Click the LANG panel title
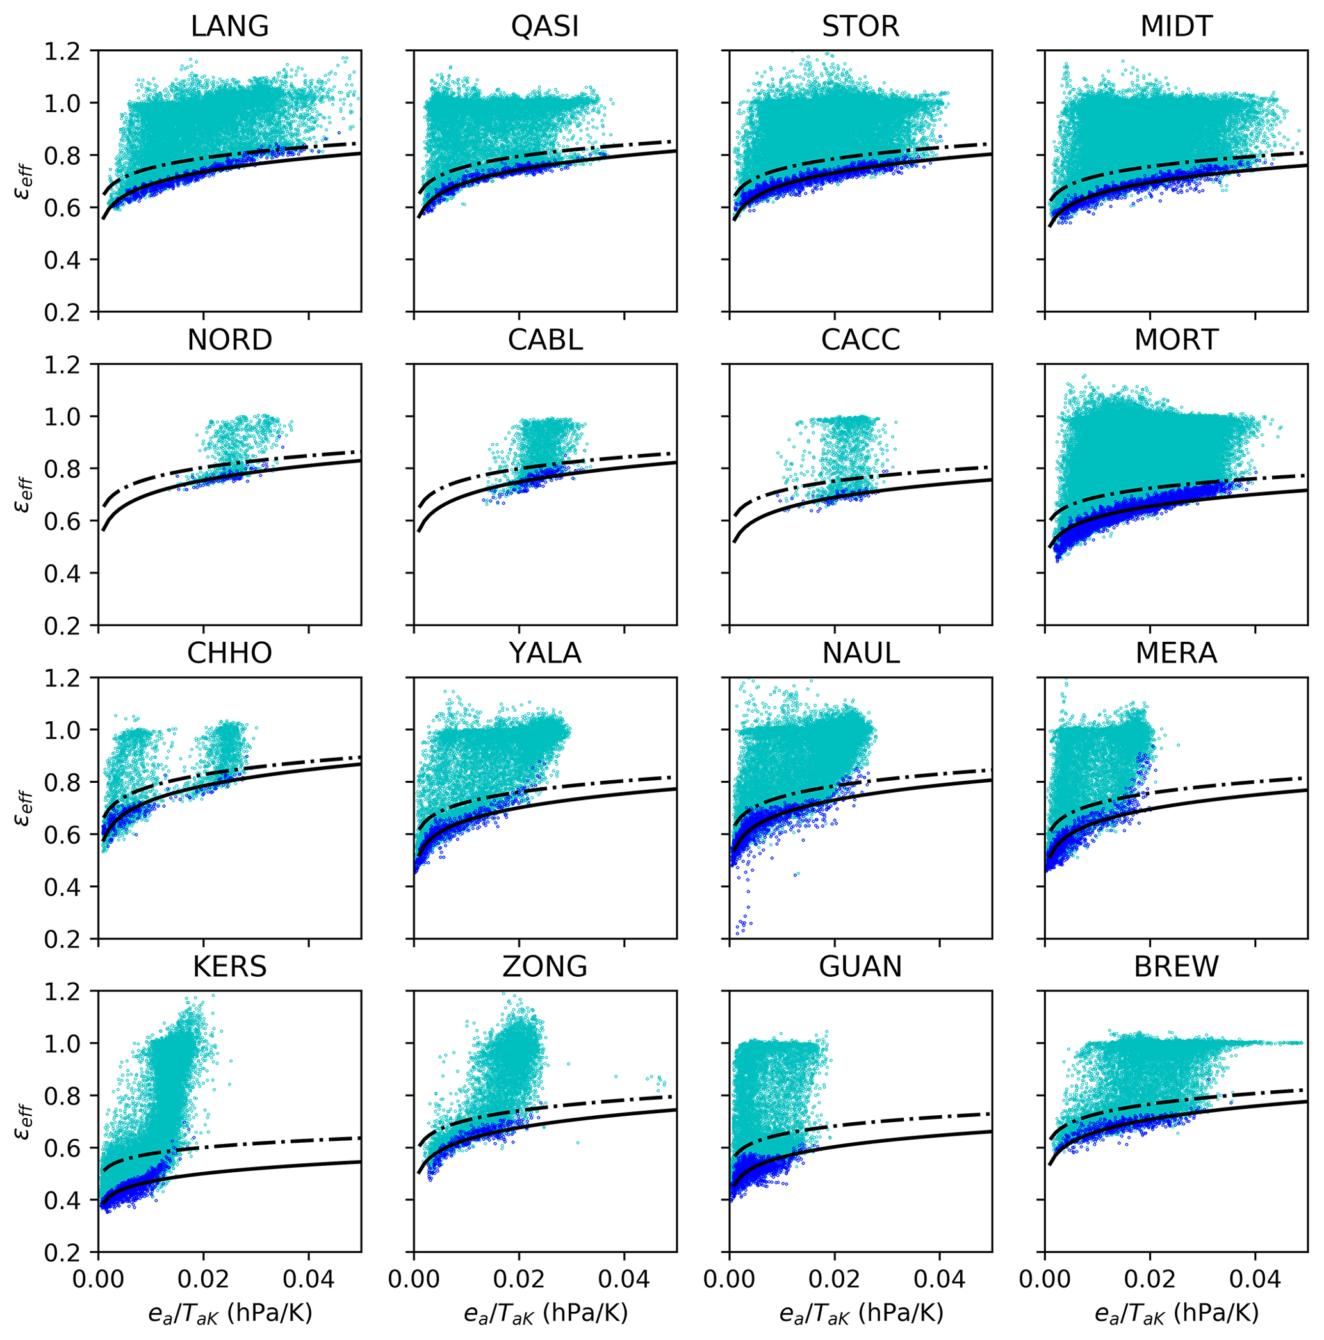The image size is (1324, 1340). tap(229, 27)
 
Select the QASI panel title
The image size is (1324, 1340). tap(545, 27)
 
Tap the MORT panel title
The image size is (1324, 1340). tap(1176, 340)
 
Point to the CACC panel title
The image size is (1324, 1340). tap(861, 340)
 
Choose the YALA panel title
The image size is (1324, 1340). tap(545, 653)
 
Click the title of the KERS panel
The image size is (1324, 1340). tap(229, 967)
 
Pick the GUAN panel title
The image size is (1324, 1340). tap(861, 967)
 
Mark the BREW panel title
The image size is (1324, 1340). tap(1176, 967)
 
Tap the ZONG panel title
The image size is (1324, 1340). tap(545, 967)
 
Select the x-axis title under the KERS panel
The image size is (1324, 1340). tap(229, 1312)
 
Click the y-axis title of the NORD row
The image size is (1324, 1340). tap(22, 495)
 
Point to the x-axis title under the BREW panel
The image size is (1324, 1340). tap(1176, 1312)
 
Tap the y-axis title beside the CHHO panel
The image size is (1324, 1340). tap(22, 809)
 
